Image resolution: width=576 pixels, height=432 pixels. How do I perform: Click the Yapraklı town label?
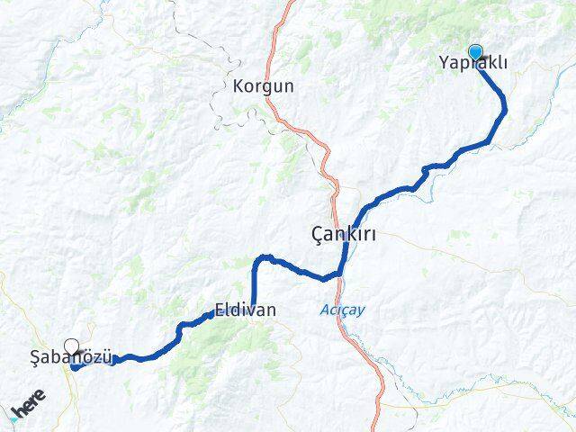click(473, 63)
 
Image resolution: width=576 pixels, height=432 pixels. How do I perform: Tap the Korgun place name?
click(263, 87)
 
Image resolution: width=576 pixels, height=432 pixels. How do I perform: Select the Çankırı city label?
click(342, 235)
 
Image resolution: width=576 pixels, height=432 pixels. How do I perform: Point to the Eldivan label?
click(245, 310)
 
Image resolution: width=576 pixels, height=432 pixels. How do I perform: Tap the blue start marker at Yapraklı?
click(474, 52)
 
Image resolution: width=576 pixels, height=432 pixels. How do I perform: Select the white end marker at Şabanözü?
click(71, 345)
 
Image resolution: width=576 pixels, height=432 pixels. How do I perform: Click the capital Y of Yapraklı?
click(444, 63)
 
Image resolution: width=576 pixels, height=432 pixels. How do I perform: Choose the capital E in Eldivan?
click(220, 310)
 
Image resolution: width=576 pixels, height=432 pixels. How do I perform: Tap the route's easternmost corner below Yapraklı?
click(505, 110)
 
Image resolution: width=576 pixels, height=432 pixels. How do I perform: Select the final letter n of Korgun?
click(288, 87)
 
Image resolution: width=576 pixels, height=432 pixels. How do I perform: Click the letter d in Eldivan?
click(236, 310)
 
